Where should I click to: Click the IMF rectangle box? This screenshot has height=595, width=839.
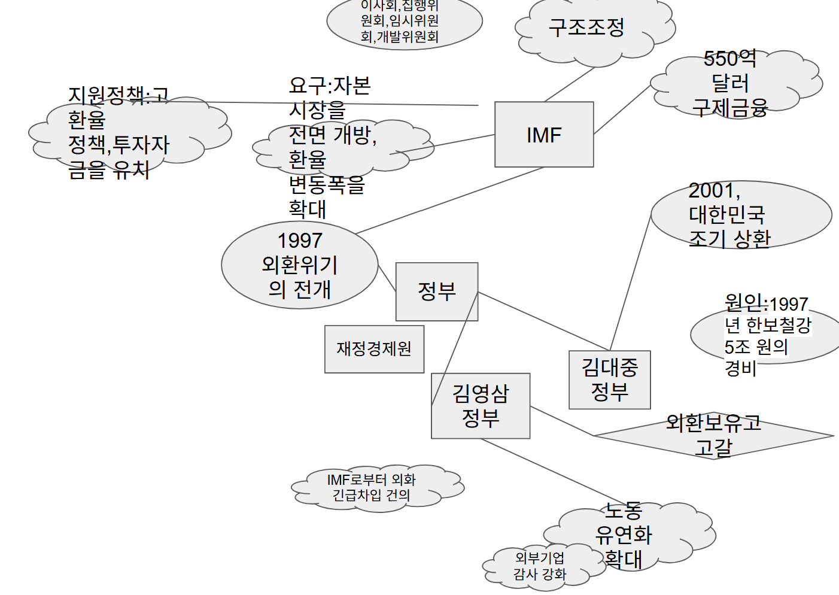(x=544, y=135)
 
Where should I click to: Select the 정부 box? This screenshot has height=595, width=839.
(x=437, y=292)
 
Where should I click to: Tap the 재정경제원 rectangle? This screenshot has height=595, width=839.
(x=374, y=349)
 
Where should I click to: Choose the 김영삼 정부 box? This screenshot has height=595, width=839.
(x=481, y=406)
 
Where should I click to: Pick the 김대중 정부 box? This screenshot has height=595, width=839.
(x=609, y=380)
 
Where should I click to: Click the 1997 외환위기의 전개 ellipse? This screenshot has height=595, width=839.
(x=299, y=265)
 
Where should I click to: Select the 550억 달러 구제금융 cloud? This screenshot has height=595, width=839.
(x=730, y=83)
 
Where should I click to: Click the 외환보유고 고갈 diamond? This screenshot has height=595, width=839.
(x=713, y=436)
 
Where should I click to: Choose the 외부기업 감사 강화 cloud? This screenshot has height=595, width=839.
(x=540, y=566)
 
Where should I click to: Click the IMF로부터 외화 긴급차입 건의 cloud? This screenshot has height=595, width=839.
(x=372, y=487)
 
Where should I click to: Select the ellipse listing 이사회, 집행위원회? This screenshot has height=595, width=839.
(x=404, y=22)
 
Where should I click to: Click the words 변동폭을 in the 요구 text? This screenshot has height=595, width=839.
(x=326, y=184)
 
